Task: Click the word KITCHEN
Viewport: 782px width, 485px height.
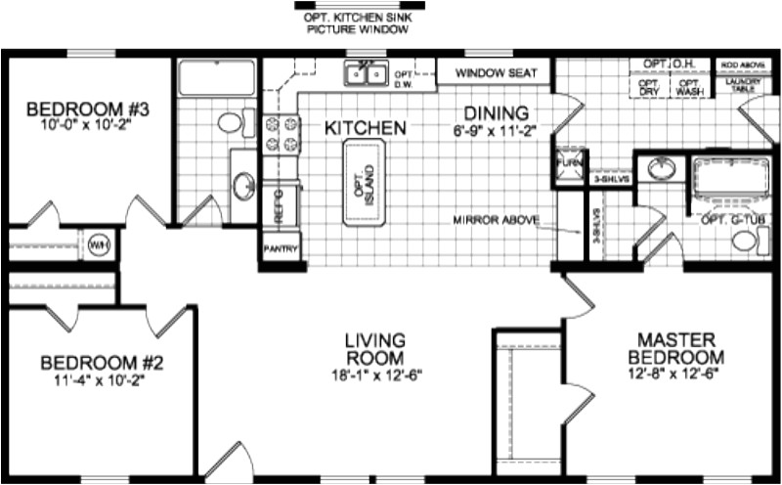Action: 365,128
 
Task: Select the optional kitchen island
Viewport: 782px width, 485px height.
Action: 365,183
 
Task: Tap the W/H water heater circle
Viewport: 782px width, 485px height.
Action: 100,243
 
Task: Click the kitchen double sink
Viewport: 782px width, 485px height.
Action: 369,73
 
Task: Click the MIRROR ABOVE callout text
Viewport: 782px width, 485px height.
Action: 496,220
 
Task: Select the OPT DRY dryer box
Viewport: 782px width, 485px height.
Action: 648,87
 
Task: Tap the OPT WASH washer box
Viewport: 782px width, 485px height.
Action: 690,87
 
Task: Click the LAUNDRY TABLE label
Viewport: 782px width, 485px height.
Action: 741,86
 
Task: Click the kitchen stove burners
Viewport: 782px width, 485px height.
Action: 271,134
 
